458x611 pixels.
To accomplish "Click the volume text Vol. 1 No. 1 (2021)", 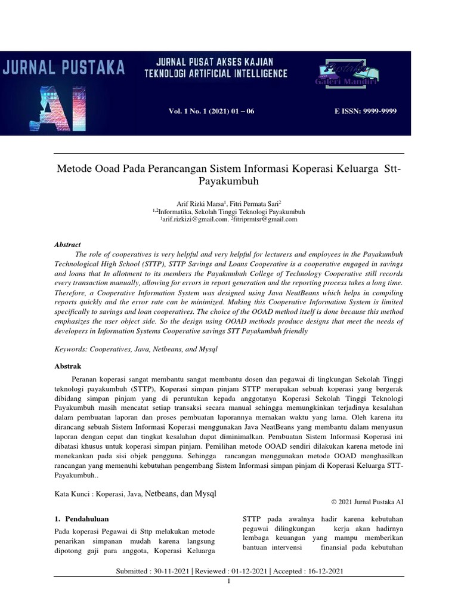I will click(x=212, y=112).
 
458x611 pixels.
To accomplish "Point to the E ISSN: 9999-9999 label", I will click(x=363, y=112).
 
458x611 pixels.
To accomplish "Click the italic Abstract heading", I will click(x=67, y=245).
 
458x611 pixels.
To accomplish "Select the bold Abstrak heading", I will click(x=67, y=366).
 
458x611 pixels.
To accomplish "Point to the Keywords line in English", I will click(x=135, y=348).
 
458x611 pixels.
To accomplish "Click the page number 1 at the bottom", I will click(x=229, y=581).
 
